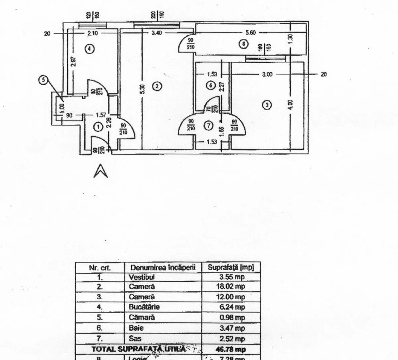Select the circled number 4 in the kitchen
point(89,49)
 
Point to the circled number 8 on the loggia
point(244,43)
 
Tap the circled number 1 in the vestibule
point(98,126)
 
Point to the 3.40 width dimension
point(156,33)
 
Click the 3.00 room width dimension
point(267,74)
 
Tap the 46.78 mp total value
point(232,349)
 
